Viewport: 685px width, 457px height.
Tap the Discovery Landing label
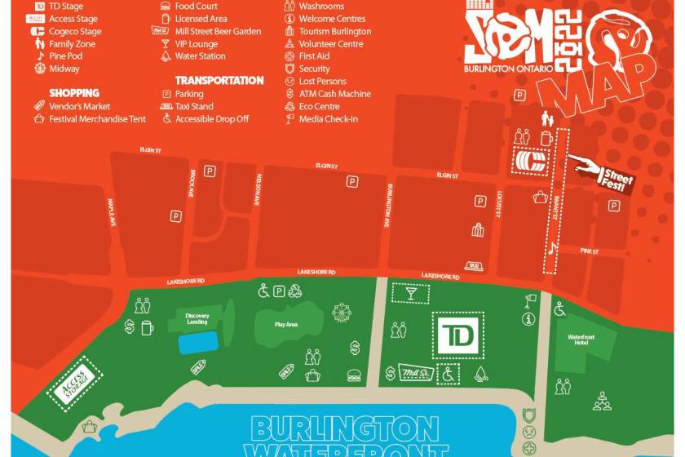click(197, 318)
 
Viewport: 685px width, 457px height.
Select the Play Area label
click(285, 325)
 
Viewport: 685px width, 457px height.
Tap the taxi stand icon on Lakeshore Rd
click(473, 265)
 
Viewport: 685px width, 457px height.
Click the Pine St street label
click(590, 252)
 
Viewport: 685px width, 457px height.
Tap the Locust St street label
click(497, 204)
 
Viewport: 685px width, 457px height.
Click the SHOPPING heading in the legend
click(74, 93)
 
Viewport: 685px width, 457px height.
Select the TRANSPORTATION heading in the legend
click(219, 81)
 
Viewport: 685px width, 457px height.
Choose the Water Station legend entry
click(200, 56)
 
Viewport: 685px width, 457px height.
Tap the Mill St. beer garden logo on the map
click(417, 372)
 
